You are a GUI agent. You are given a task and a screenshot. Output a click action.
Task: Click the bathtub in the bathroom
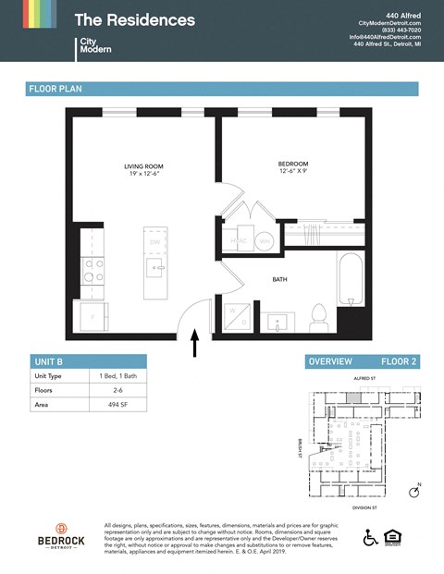pos(351,279)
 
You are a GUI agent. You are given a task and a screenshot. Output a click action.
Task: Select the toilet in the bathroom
pos(319,317)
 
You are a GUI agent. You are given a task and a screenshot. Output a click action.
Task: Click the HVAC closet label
pos(238,241)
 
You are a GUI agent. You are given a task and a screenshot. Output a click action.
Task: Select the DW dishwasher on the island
pos(154,242)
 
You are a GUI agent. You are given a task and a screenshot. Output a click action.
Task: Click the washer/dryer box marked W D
pos(238,314)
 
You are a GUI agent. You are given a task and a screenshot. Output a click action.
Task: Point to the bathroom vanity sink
pos(277,323)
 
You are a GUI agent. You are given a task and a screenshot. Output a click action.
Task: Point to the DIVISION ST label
pos(367,507)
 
